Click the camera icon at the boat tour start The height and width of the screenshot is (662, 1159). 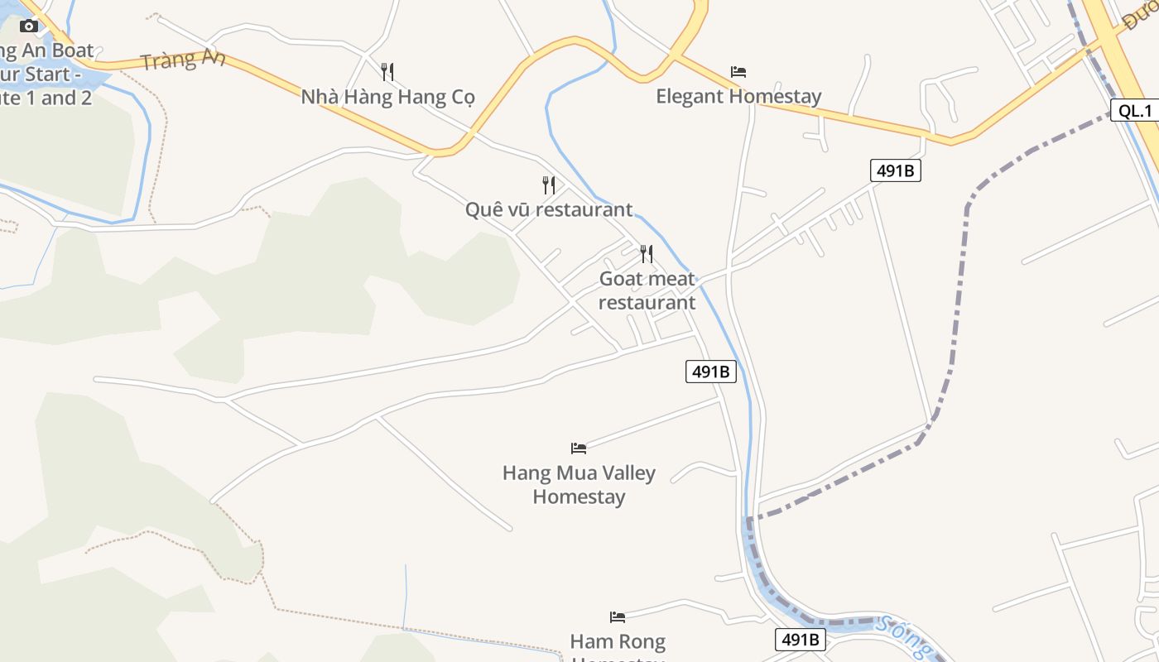click(x=29, y=26)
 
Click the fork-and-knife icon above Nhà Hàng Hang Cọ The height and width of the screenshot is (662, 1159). click(x=387, y=72)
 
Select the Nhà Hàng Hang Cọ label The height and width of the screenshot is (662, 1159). click(x=387, y=97)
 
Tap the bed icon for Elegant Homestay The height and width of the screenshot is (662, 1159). click(x=738, y=72)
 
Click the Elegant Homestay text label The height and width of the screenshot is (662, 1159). click(x=738, y=97)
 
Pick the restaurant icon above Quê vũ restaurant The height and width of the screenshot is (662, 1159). click(x=548, y=185)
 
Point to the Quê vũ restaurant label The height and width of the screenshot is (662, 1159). click(x=548, y=209)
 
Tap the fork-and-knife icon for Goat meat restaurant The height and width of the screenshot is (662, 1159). click(x=647, y=254)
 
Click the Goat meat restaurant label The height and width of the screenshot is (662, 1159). click(x=647, y=290)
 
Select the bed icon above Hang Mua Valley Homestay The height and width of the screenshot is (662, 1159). click(x=579, y=449)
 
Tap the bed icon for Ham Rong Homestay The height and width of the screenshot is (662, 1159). click(x=617, y=616)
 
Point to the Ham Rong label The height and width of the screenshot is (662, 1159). click(x=618, y=641)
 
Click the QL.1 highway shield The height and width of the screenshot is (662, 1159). click(x=1134, y=111)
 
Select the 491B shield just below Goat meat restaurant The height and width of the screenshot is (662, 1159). click(x=710, y=372)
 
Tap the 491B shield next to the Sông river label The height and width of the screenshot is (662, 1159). click(x=801, y=639)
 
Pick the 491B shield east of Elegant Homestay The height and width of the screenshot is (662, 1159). click(x=895, y=171)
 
